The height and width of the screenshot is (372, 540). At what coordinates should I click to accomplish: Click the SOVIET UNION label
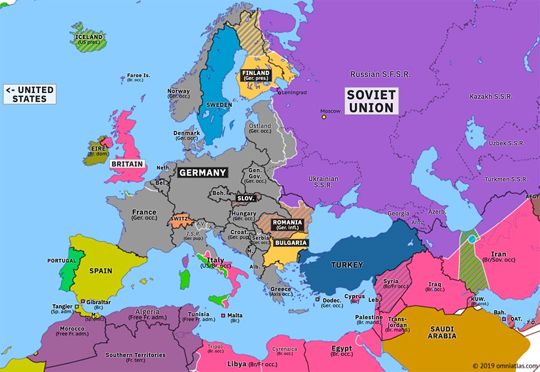coord(371,101)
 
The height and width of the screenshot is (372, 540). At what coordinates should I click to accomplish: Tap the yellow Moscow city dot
coord(324,117)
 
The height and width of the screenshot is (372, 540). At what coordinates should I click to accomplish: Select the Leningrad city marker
coord(278,92)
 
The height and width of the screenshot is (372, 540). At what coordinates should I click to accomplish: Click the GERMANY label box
coord(203,172)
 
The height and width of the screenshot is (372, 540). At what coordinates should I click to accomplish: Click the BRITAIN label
coord(127,164)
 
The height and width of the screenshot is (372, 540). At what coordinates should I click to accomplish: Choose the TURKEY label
coord(347,265)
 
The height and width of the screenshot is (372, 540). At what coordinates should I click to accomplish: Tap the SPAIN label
coord(101,271)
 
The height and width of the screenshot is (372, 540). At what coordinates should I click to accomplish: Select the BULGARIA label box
coord(290,243)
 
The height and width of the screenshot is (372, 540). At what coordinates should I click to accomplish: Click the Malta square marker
coord(224,316)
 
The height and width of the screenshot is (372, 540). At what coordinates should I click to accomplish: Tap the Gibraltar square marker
coord(82,301)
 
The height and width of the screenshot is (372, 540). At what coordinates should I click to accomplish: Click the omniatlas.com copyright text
coord(503,365)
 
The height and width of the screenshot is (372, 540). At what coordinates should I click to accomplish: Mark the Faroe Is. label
coord(139,76)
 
